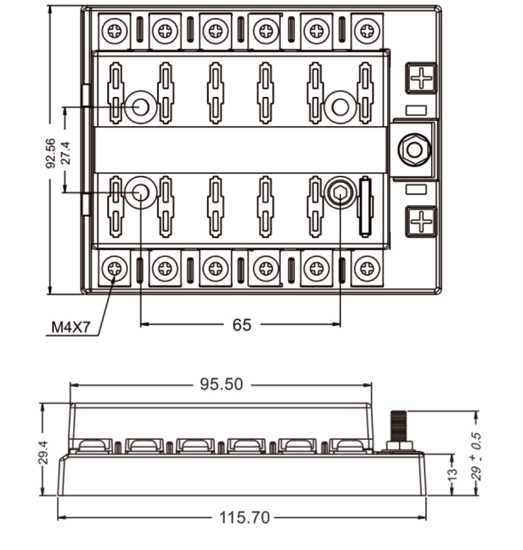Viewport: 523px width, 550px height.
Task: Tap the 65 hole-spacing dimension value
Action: click(x=242, y=325)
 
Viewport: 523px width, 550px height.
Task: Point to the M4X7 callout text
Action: click(x=71, y=328)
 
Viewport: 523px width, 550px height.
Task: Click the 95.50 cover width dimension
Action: click(x=221, y=385)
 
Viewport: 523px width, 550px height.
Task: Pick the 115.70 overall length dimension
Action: click(x=245, y=518)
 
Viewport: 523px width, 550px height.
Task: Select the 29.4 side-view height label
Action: click(x=43, y=452)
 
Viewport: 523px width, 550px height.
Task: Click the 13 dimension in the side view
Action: click(x=453, y=474)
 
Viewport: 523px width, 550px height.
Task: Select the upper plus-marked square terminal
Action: click(x=420, y=78)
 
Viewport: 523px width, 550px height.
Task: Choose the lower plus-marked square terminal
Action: click(x=420, y=221)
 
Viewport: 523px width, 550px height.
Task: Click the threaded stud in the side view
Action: click(x=399, y=426)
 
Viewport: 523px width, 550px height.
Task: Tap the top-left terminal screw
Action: click(x=114, y=31)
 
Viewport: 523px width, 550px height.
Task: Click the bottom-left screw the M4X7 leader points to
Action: click(x=114, y=270)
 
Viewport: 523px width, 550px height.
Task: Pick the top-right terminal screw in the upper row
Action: click(x=366, y=31)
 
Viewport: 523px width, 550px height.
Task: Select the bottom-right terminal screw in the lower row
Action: click(x=366, y=270)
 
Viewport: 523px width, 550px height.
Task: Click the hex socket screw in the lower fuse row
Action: click(x=340, y=194)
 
